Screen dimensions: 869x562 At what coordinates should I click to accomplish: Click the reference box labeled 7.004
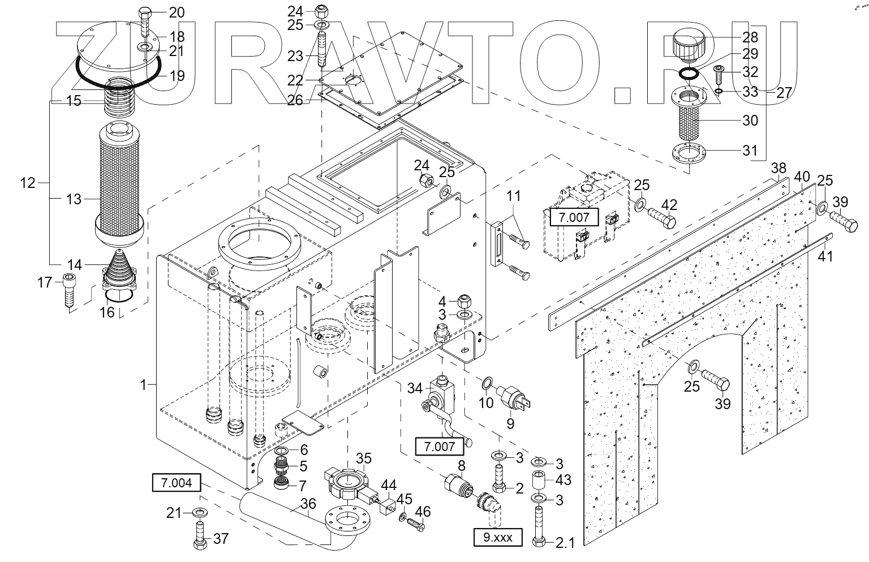pos(177,482)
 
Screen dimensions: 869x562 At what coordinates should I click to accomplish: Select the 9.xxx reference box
pos(498,538)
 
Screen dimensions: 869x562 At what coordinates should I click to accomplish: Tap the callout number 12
pos(28,182)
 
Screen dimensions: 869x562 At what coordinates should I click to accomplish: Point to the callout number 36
pos(308,503)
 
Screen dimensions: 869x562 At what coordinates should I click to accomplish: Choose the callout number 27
pos(784,93)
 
